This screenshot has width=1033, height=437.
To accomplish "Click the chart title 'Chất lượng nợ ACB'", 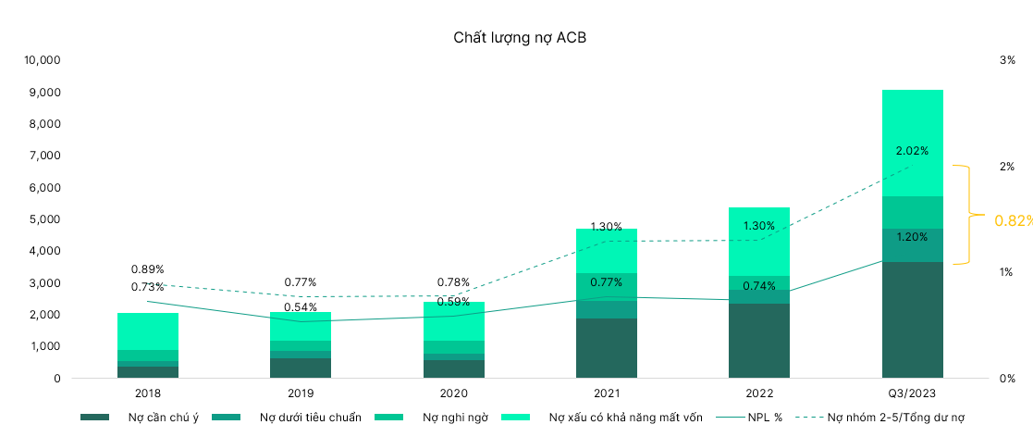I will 520,38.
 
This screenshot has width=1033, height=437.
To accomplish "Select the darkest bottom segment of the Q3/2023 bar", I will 912,319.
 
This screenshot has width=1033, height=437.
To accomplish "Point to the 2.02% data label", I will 912,150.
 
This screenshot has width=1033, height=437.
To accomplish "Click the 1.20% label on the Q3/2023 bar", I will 912,237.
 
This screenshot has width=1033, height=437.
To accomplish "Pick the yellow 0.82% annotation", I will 1013,220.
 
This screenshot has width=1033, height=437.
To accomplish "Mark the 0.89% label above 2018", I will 147,269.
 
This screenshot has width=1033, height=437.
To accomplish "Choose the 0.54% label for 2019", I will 300,307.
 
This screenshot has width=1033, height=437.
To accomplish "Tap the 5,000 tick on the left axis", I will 44,219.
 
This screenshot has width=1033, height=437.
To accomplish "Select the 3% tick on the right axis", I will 1007,60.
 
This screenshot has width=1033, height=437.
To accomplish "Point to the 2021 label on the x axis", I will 606,393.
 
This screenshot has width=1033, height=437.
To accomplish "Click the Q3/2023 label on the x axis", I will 912,393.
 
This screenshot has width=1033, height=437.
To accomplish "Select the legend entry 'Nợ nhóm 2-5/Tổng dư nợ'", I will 896,418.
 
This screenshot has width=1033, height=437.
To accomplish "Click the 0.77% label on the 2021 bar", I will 606,282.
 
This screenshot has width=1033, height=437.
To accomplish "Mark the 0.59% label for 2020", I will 453,301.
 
